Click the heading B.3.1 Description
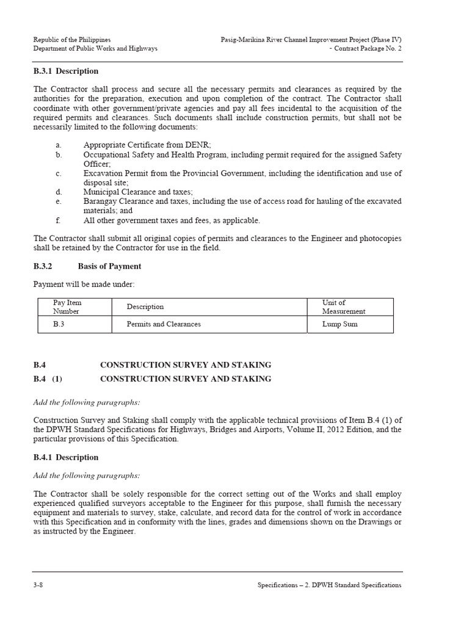65,72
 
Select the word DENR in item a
197,145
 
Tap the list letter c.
58,173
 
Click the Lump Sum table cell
340,324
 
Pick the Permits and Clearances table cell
164,324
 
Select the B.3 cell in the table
59,324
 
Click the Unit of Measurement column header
343,306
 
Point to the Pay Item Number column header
67,306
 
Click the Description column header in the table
145,306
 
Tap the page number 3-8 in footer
38,585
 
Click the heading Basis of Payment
109,266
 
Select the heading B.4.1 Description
65,457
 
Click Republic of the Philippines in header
72,39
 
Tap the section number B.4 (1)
48,379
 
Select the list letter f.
57,220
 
